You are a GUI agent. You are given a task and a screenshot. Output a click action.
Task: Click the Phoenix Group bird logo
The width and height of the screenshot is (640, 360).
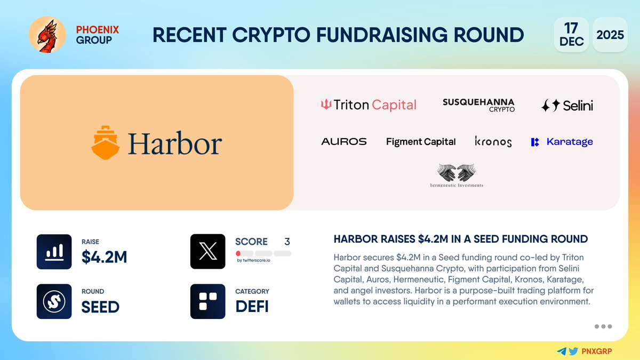(x=46, y=35)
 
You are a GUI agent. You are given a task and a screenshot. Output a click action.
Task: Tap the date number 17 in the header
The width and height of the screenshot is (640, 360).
(x=571, y=28)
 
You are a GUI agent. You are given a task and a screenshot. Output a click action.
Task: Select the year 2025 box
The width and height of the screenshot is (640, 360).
(x=610, y=35)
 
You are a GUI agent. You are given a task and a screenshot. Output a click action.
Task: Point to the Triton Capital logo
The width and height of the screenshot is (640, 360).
(x=368, y=105)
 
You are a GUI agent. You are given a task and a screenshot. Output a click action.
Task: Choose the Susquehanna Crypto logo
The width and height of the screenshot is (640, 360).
(x=478, y=105)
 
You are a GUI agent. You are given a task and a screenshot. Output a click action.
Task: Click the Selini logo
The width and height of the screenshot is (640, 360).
(x=567, y=106)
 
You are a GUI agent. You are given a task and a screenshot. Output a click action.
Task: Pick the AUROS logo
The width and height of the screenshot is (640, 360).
(x=344, y=142)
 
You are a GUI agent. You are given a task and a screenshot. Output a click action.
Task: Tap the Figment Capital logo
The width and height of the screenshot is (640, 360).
(x=421, y=142)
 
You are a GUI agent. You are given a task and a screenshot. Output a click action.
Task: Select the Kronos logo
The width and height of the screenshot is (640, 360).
(x=493, y=142)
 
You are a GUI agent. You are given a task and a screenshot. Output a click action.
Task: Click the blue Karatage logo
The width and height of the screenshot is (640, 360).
(x=562, y=142)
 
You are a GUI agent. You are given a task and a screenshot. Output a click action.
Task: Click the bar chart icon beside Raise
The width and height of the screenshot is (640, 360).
(x=54, y=251)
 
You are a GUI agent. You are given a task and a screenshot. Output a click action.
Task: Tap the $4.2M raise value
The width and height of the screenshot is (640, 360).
(x=104, y=257)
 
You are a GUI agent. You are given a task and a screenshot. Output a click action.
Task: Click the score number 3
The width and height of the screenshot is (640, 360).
(x=287, y=242)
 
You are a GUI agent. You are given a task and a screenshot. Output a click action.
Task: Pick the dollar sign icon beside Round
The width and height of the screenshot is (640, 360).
(x=54, y=301)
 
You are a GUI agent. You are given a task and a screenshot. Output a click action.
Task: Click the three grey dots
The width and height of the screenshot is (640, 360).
(x=603, y=326)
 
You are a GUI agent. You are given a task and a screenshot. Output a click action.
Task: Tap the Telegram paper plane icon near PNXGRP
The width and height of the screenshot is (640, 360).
(x=561, y=351)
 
